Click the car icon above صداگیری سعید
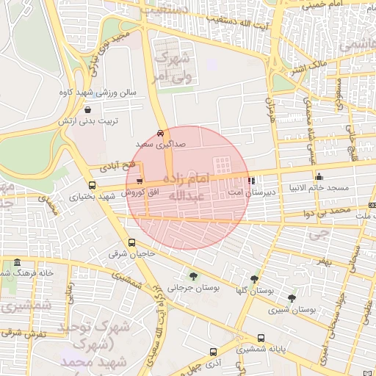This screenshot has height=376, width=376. click(160, 134)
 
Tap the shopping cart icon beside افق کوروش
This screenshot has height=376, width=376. click(140, 181)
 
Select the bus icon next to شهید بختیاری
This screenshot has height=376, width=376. click(92, 185)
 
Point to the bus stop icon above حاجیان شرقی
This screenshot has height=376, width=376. click(131, 242)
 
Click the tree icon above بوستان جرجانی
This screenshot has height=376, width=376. click(192, 276)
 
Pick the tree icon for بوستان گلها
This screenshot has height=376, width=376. click(255, 279)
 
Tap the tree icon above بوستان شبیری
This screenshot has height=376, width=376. click(292, 298)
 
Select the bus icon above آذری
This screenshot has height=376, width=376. click(213, 351)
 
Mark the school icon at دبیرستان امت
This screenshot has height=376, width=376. click(252, 180)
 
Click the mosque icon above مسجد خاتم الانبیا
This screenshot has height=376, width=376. click(319, 176)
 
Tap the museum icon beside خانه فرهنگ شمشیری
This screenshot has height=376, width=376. click(17, 262)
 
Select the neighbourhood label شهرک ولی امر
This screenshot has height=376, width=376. click(171, 66)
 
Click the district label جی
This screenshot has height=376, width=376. click(317, 234)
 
